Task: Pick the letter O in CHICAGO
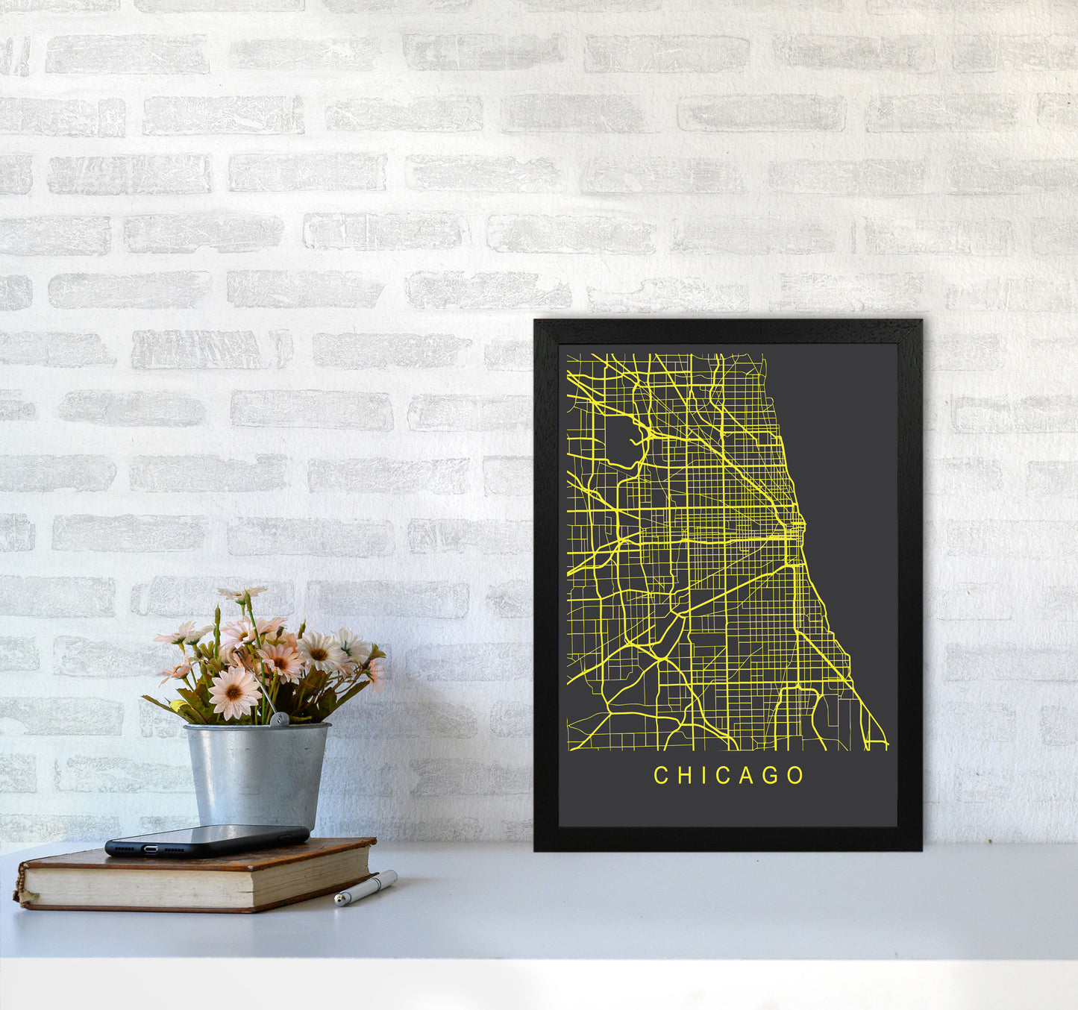pyautogui.click(x=795, y=776)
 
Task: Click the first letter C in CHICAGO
pyautogui.click(x=660, y=776)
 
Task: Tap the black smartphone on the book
pyautogui.click(x=207, y=839)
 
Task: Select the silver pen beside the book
pyautogui.click(x=366, y=888)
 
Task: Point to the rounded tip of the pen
pyautogui.click(x=338, y=902)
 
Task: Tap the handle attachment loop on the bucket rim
pyautogui.click(x=278, y=720)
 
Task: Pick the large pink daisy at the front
pyautogui.click(x=234, y=693)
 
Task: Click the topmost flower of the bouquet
pyautogui.click(x=242, y=594)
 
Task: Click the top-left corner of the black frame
pyautogui.click(x=537, y=322)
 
